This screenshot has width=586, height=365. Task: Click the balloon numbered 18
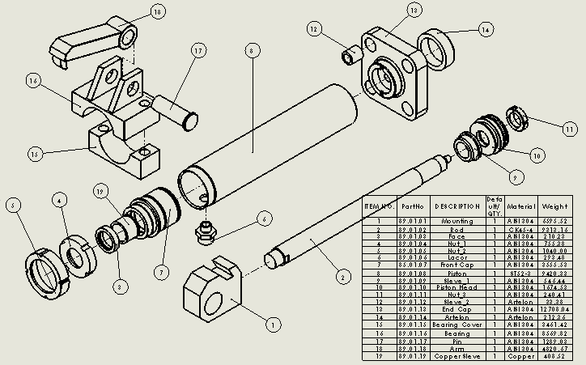point(157,12)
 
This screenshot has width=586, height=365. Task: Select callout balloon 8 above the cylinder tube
point(252,51)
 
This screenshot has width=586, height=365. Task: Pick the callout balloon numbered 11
point(569,129)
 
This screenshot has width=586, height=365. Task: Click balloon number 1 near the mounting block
point(273,325)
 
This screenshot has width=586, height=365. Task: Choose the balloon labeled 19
point(100,192)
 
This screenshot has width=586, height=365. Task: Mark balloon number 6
point(263,218)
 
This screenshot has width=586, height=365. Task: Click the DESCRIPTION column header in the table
point(456,206)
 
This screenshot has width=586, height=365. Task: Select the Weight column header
point(567,206)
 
